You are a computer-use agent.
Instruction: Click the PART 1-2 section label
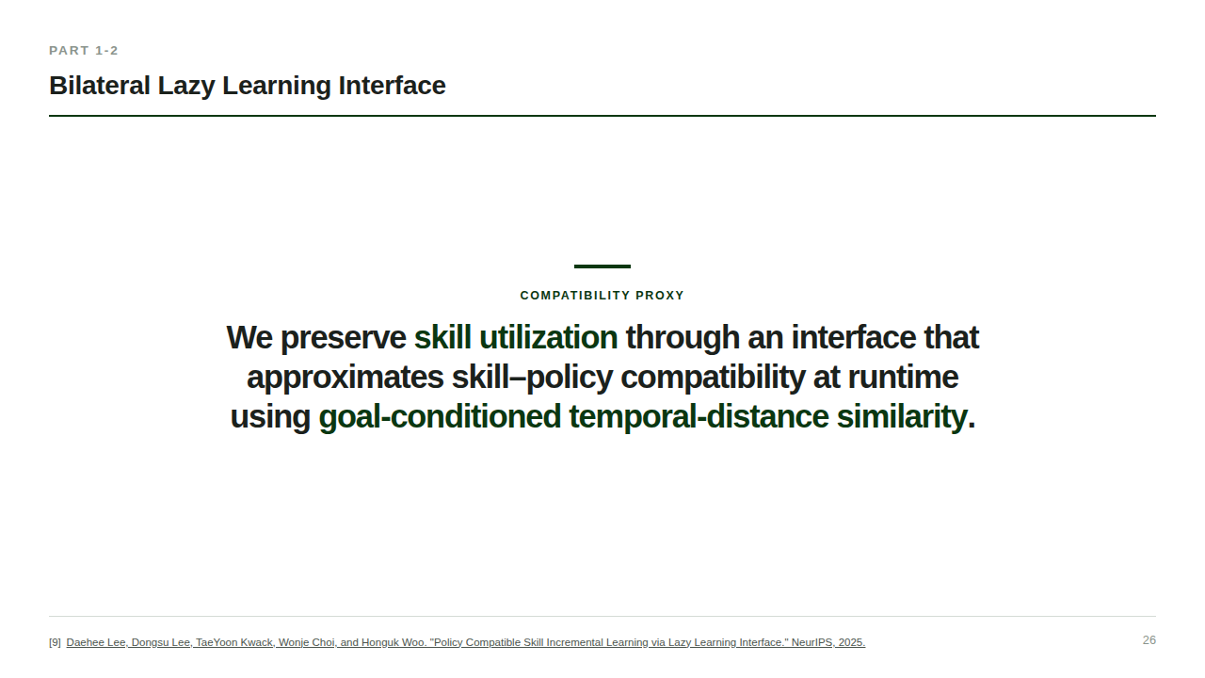[x=84, y=51]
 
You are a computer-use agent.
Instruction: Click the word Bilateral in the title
[x=100, y=86]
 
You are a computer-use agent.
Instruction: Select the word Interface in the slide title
[x=392, y=86]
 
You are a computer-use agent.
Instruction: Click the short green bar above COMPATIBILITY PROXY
[x=602, y=266]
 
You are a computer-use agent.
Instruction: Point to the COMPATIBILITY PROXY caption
[x=602, y=296]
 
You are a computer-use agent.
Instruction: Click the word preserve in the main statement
[x=344, y=338]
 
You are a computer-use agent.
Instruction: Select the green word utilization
[x=548, y=337]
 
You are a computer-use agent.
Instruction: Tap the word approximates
[x=345, y=378]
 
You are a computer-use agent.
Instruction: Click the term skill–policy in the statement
[x=532, y=378]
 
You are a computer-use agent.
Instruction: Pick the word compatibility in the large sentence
[x=713, y=378]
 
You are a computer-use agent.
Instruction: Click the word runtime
[x=903, y=378]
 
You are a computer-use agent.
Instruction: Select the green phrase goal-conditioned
[x=440, y=417]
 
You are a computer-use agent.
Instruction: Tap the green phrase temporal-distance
[x=699, y=417]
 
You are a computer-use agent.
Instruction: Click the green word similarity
[x=902, y=417]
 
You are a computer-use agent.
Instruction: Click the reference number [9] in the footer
[x=55, y=642]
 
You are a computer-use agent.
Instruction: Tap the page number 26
[x=1149, y=640]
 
